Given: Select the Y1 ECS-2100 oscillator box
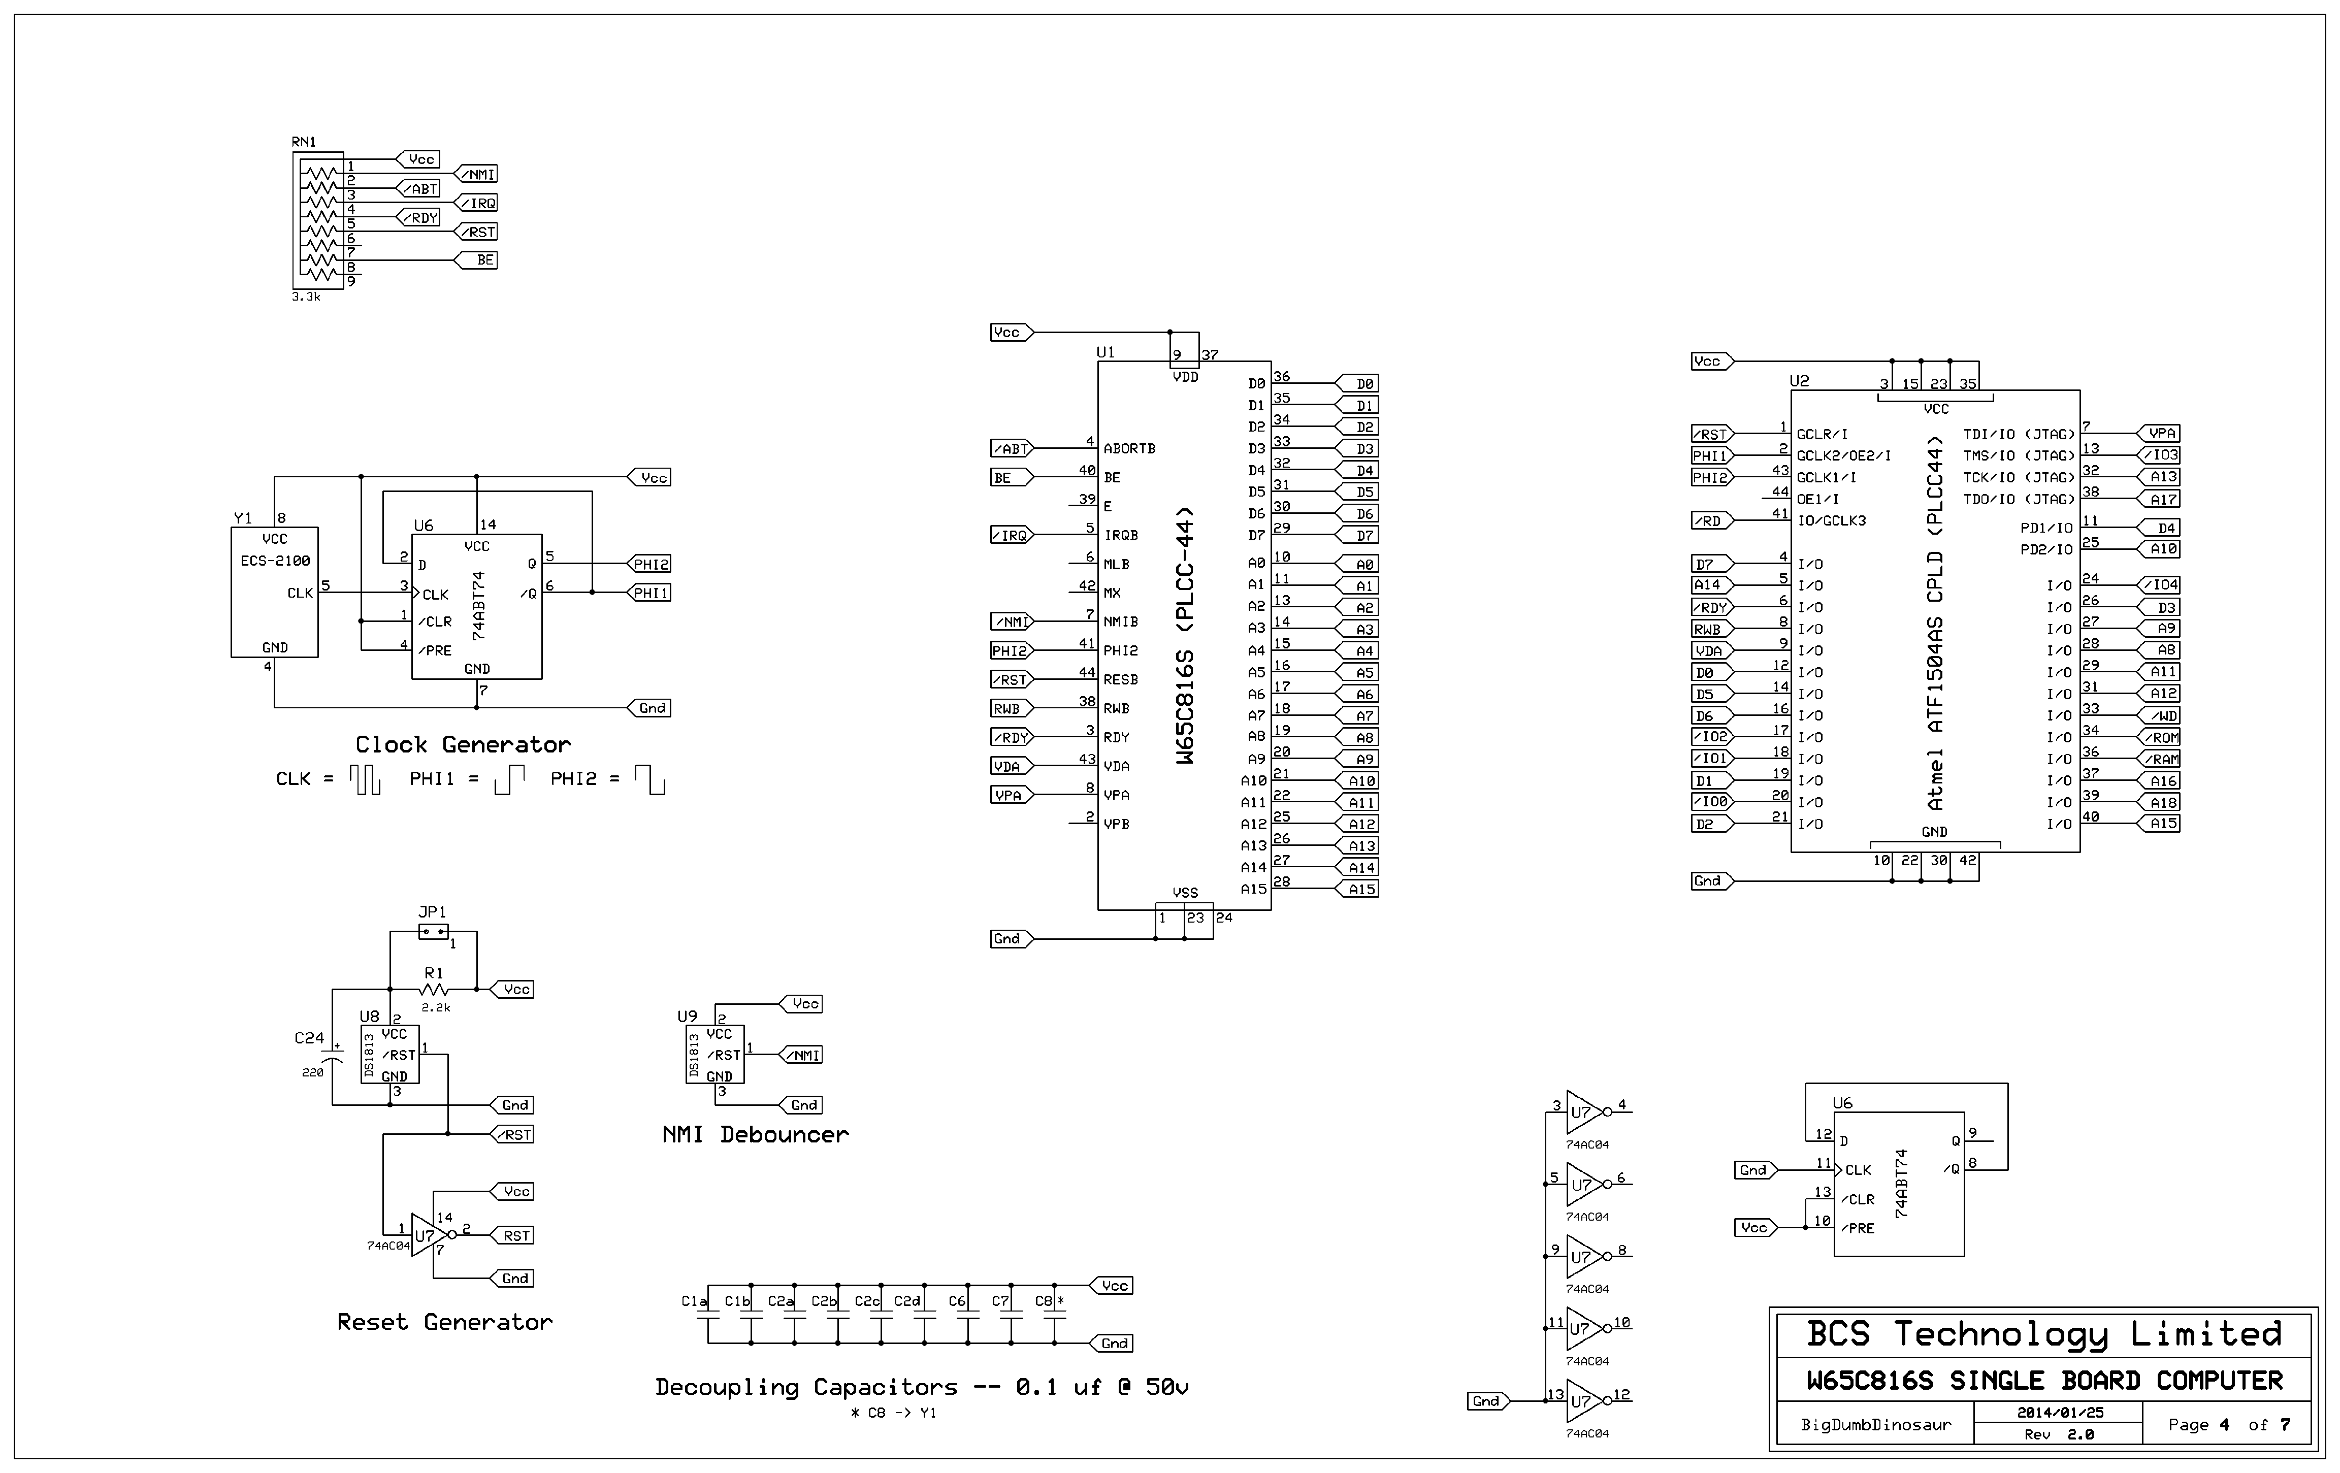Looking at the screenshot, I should click(x=274, y=593).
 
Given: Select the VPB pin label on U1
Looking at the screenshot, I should click(x=1116, y=824).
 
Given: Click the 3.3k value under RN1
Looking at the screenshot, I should click(x=305, y=297).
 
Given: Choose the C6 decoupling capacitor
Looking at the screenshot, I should click(x=967, y=1321).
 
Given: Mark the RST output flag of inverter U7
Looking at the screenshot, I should click(x=515, y=1236).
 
